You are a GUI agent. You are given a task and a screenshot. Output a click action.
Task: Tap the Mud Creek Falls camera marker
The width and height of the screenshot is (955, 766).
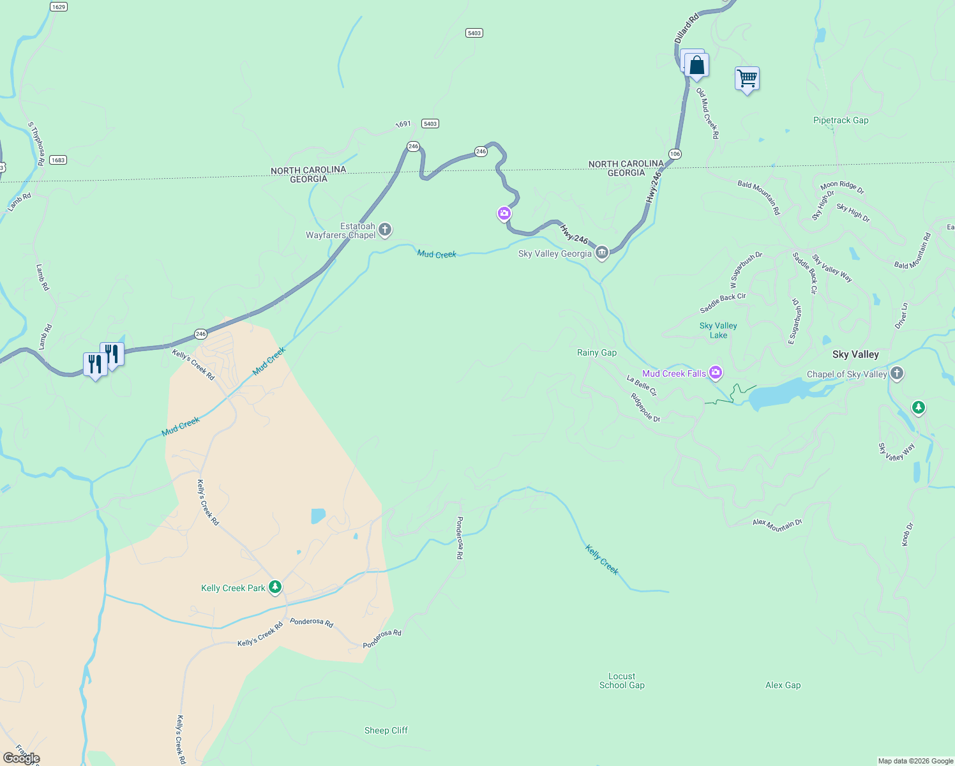[716, 372]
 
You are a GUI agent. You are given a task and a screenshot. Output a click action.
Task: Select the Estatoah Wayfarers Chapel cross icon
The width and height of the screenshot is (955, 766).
[384, 229]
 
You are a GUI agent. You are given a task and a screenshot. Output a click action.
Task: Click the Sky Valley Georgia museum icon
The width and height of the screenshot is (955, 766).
[601, 253]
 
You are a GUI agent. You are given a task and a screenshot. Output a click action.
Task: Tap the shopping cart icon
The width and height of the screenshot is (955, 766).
[747, 79]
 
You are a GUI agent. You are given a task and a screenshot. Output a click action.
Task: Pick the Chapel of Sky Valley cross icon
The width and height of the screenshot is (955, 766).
[897, 373]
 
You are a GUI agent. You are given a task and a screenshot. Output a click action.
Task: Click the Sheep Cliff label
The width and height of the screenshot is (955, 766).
[386, 730]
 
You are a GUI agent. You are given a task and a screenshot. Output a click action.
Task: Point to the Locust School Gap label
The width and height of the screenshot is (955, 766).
[622, 680]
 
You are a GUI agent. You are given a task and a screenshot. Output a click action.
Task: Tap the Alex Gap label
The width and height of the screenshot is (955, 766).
[783, 685]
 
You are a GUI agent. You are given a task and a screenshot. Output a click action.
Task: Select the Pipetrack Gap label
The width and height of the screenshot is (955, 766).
[841, 120]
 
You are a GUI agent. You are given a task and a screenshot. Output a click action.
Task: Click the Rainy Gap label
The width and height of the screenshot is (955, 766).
[597, 352]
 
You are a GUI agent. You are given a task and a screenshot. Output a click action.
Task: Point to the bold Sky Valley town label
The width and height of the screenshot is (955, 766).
[855, 354]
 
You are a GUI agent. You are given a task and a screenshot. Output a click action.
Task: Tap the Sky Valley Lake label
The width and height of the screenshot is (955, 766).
[718, 330]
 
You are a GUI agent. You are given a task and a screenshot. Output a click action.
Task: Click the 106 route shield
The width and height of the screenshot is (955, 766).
[675, 154]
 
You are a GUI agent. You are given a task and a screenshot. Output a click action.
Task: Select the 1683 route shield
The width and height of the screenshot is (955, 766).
[58, 160]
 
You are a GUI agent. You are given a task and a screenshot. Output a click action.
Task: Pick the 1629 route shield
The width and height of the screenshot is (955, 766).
[58, 7]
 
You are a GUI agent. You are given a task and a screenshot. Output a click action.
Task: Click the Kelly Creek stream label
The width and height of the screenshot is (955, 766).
[602, 559]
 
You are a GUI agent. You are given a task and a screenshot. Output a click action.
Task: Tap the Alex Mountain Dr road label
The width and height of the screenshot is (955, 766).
[777, 525]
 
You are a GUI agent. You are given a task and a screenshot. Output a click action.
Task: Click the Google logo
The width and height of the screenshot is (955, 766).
[22, 758]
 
